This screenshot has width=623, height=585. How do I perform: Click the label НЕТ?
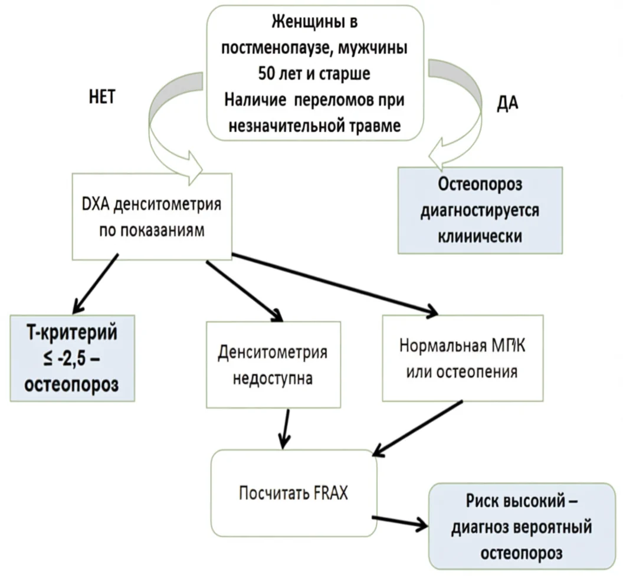[100, 97]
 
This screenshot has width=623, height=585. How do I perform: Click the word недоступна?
[273, 379]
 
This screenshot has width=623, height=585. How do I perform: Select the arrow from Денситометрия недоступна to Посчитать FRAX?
[285, 427]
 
